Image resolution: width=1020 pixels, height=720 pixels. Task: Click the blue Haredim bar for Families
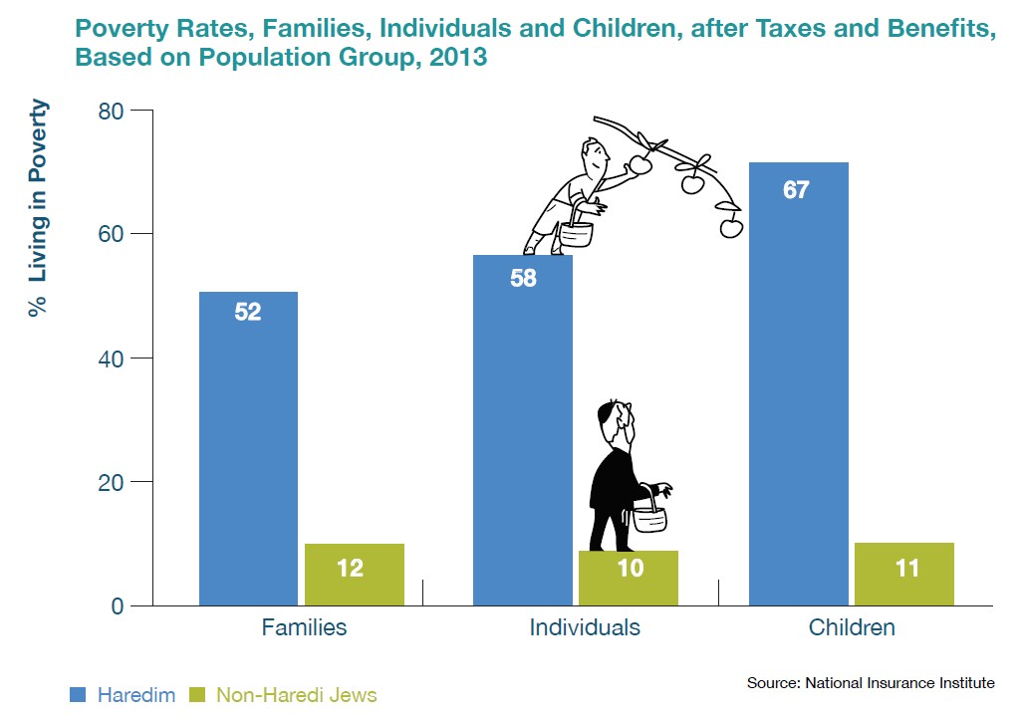click(x=248, y=448)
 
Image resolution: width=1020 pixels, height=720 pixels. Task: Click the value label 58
click(x=523, y=279)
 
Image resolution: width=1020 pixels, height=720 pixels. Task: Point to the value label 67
click(x=796, y=189)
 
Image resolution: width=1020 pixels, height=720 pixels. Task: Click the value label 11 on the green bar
click(x=904, y=570)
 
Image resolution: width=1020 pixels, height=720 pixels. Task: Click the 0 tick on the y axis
click(x=119, y=605)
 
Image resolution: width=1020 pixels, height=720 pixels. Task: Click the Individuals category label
click(x=585, y=628)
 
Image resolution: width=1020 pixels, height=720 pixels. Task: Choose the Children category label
click(x=852, y=628)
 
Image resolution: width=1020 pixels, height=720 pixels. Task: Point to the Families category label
click(x=304, y=628)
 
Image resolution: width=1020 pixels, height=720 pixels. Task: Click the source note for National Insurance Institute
click(x=870, y=683)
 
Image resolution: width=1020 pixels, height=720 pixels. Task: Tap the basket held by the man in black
click(x=648, y=518)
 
